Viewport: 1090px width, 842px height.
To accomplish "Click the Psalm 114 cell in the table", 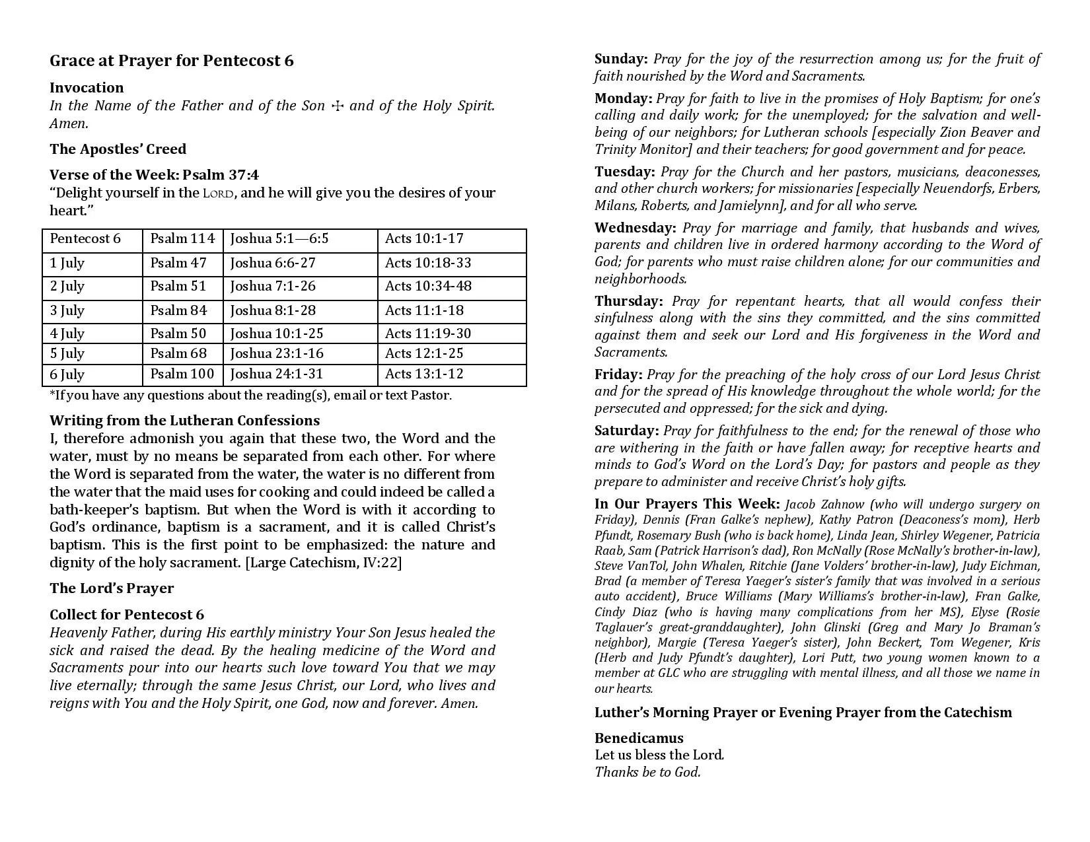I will pos(182,239).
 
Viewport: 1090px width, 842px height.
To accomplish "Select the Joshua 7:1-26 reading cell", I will pos(273,287).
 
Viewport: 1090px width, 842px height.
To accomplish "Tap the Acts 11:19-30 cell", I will pos(428,333).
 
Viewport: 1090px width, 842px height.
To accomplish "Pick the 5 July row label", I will pos(67,354).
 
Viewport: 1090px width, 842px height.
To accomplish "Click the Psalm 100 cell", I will pos(182,374).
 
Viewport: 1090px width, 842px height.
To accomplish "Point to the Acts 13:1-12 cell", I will pos(424,374).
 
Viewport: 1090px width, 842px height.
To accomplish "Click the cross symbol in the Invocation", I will pos(337,106).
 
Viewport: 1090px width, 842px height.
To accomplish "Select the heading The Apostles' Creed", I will pos(118,149).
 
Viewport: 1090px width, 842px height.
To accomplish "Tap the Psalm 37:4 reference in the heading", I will pos(221,175).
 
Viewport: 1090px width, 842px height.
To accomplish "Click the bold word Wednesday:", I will pos(635,228).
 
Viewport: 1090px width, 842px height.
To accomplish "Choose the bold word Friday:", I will pos(618,375).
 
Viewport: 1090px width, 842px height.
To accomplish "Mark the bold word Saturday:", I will pos(626,431).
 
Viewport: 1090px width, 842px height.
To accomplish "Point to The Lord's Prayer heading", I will pos(112,589).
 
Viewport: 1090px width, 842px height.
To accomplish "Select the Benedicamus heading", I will pos(639,738).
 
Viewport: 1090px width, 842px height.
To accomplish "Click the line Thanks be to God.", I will pos(647,772).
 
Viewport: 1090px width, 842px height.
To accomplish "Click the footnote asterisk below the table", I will pos(52,394).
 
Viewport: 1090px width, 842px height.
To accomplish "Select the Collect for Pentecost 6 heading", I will pos(127,615).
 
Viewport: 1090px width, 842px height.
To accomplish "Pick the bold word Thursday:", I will pos(628,302).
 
